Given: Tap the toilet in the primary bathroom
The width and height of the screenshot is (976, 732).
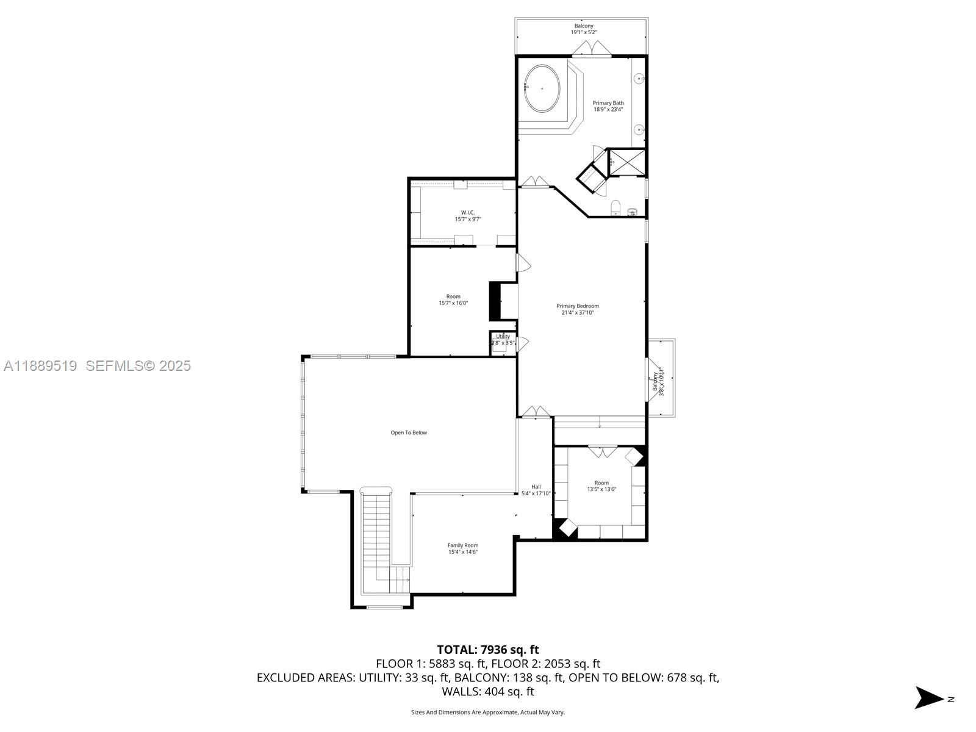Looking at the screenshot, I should coord(615,207).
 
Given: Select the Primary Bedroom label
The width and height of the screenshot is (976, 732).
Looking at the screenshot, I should coord(577,309).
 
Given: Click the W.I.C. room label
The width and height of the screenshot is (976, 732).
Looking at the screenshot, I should coord(468,215).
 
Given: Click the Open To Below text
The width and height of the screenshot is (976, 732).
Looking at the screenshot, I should coord(409,432).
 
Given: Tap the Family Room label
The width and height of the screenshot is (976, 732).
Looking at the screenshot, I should coord(463,548).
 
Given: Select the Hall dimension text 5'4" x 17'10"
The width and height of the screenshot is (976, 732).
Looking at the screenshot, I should coord(536,493).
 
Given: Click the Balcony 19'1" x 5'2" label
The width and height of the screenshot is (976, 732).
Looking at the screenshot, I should coord(583,29).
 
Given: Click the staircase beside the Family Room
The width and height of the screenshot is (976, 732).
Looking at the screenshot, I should coord(376,537).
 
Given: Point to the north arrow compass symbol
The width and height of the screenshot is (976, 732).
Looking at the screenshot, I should coord(930,698).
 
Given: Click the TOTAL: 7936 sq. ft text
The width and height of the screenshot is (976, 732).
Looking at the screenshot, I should coord(487,650).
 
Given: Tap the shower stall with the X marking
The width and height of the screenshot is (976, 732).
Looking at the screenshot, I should coord(627,162).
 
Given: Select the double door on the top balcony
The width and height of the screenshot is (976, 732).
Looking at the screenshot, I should coord(592,49).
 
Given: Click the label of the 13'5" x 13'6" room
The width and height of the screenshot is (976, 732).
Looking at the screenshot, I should coord(601,486).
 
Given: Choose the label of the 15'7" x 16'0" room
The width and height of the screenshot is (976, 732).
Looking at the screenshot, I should coord(453,300).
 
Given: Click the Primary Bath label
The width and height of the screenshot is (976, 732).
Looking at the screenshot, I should coord(608,106).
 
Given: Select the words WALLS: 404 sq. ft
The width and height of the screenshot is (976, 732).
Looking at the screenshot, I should coord(487,691).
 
